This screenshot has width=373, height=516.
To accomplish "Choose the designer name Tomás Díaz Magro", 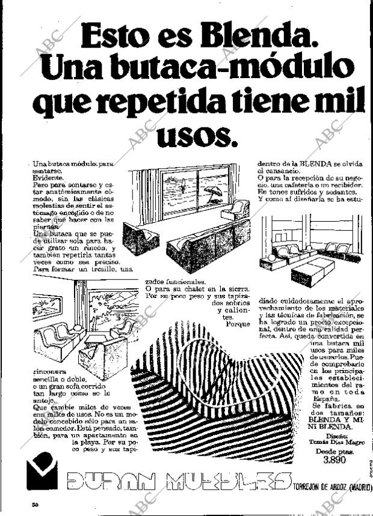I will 334,442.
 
